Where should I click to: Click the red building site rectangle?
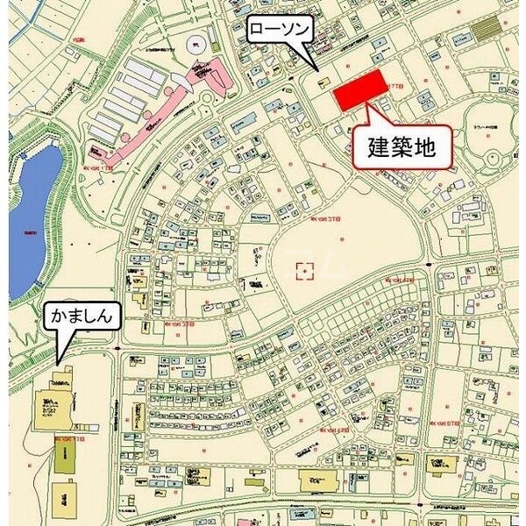pos(361,90)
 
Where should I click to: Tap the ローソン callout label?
pos(279,29)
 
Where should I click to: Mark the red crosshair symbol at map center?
pos(304,270)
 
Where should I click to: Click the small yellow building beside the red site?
pos(324,84)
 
